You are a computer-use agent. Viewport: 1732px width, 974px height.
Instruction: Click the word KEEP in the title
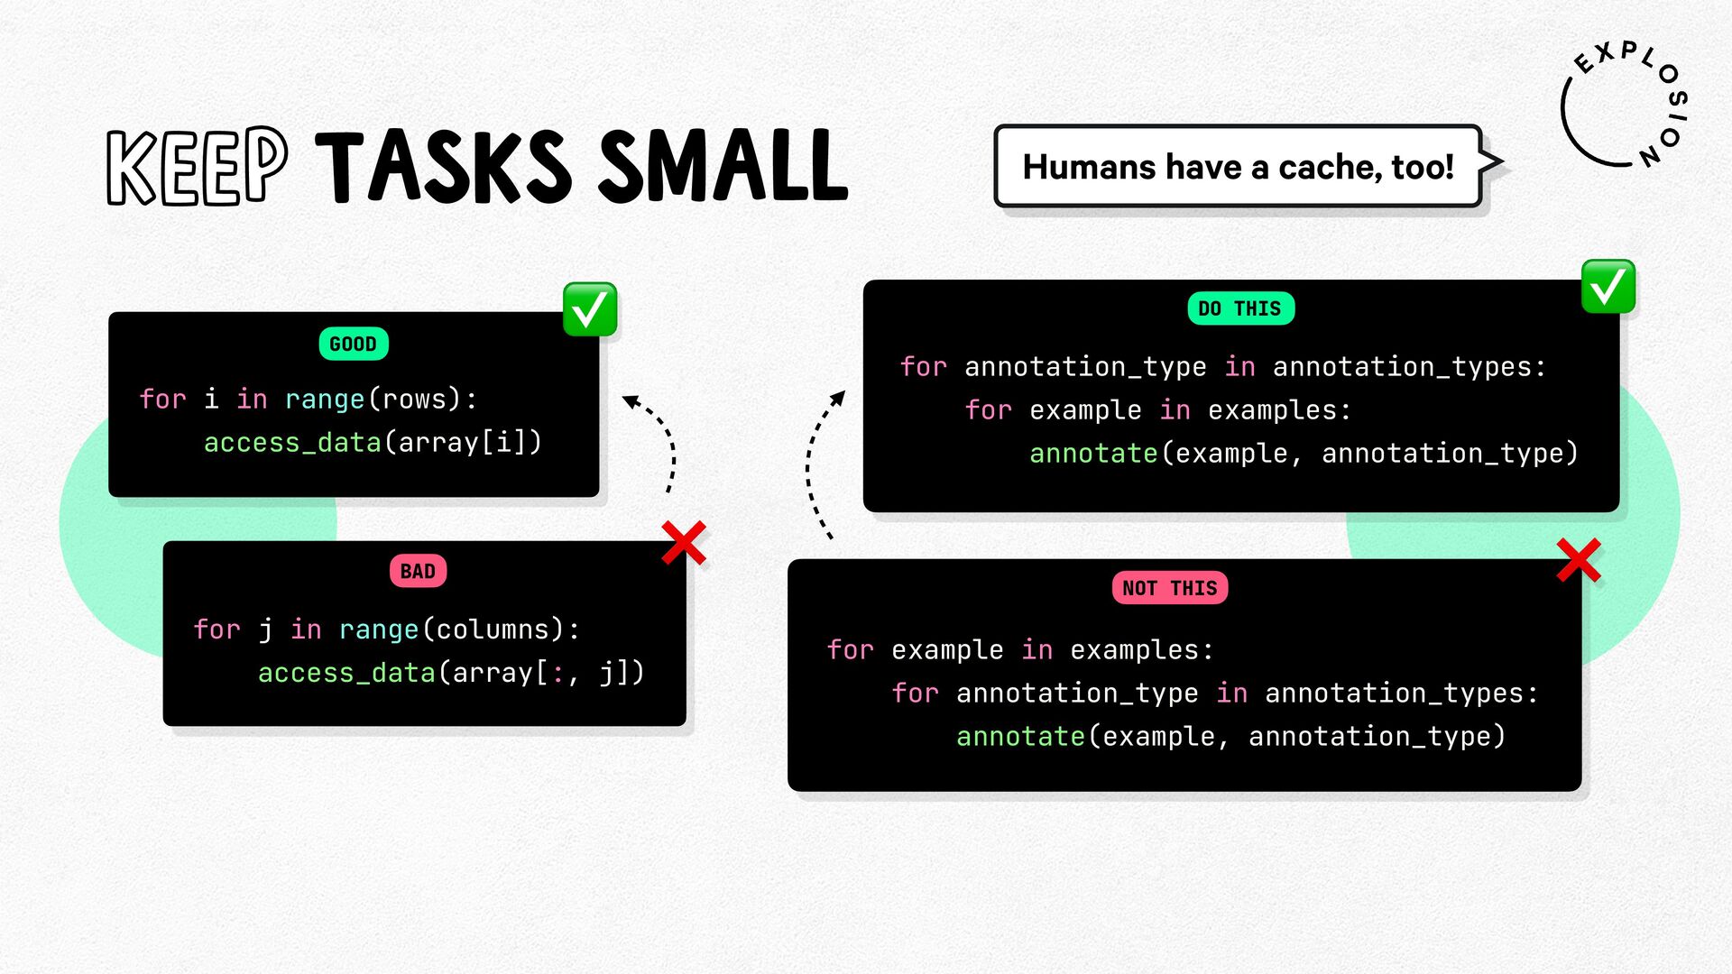[x=197, y=166]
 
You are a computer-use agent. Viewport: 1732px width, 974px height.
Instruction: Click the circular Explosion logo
[x=1624, y=104]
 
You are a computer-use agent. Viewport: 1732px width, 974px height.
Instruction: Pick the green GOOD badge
[x=353, y=344]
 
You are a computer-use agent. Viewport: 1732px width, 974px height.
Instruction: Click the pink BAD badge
[x=418, y=571]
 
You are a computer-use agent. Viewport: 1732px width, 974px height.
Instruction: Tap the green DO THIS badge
[x=1240, y=308]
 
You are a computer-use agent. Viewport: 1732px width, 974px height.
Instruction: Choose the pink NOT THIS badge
[x=1169, y=588]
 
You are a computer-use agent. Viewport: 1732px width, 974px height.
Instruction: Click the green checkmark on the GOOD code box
[x=590, y=309]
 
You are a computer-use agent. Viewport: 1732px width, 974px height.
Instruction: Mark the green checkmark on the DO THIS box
[x=1608, y=287]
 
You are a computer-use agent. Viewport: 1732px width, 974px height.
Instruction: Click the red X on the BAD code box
[x=684, y=543]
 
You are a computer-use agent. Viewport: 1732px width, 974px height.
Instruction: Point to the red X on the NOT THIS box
[x=1579, y=560]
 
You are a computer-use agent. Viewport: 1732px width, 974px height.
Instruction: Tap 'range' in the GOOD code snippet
[x=325, y=400]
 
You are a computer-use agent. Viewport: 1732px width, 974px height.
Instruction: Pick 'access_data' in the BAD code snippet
[x=346, y=673]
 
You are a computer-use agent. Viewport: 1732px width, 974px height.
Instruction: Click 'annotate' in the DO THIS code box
[x=1093, y=453]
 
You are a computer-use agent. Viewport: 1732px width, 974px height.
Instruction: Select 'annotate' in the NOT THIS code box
[x=1020, y=736]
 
